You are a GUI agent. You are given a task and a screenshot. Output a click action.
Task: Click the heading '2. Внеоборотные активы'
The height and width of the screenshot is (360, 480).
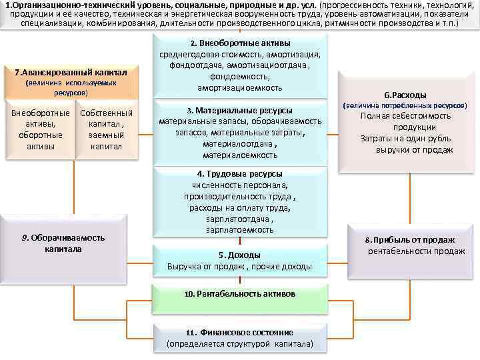(x=240, y=43)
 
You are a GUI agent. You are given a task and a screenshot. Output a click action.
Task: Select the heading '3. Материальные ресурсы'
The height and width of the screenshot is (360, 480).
(x=240, y=110)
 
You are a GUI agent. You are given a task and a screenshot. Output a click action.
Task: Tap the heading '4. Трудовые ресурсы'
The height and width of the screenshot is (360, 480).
(x=240, y=173)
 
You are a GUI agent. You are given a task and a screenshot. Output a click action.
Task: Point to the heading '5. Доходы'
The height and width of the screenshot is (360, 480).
(x=240, y=255)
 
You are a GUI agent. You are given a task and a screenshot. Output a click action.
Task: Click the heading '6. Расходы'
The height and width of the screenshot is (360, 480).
(x=405, y=95)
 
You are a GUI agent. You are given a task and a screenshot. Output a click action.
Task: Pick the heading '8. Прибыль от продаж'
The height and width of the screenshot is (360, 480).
(x=409, y=240)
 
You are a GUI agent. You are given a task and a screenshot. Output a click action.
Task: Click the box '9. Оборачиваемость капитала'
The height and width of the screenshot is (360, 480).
(x=63, y=243)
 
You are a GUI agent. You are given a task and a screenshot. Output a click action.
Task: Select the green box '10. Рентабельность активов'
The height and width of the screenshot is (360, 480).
(x=240, y=293)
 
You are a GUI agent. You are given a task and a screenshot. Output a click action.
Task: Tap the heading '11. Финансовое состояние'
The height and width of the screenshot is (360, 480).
(x=240, y=332)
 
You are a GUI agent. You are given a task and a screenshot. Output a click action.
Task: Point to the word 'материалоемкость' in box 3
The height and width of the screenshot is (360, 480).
(x=240, y=155)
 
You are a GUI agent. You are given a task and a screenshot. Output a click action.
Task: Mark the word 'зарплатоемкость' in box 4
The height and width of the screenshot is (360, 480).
(x=240, y=230)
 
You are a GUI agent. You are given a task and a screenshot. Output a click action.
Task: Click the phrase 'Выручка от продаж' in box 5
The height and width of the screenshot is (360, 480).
(x=207, y=267)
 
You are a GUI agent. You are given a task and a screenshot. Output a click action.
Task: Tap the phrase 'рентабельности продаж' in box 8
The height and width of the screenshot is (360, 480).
(x=416, y=251)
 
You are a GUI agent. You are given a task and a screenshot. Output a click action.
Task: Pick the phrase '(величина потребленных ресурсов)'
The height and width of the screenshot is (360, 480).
(x=405, y=105)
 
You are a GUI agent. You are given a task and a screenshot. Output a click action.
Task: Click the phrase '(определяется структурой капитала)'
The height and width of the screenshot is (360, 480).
(x=240, y=343)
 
